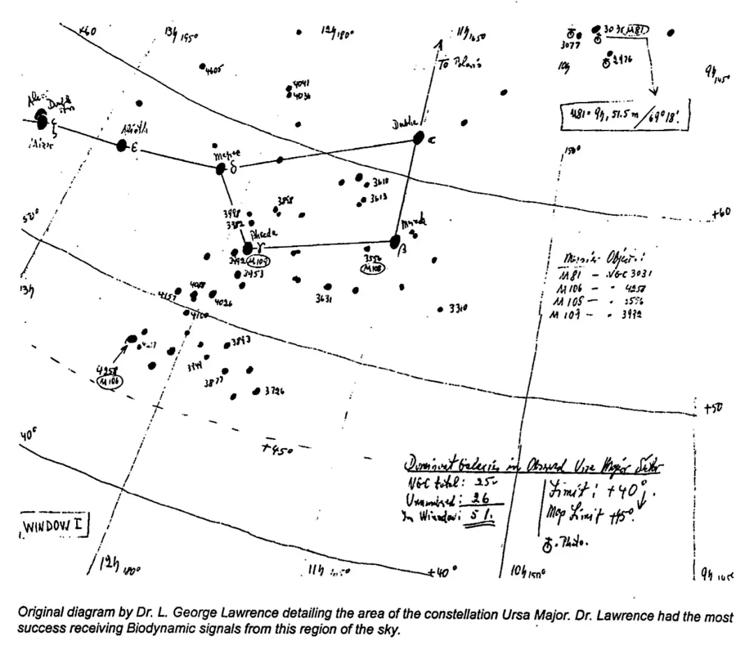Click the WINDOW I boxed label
click(53, 526)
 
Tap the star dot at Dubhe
click(419, 138)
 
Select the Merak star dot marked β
click(395, 242)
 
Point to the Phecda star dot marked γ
click(248, 249)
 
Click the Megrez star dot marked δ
click(221, 168)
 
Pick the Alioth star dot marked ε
click(122, 145)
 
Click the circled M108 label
click(369, 267)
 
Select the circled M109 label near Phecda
click(261, 260)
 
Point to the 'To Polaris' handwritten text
click(459, 64)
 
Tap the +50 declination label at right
click(711, 411)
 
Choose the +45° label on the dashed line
click(278, 450)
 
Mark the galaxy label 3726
click(274, 392)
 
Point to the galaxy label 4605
click(214, 71)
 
